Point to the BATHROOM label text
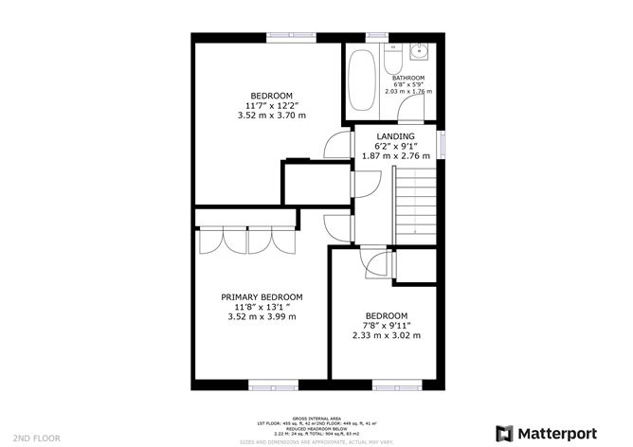pyautogui.click(x=408, y=78)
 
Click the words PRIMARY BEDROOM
pyautogui.click(x=262, y=297)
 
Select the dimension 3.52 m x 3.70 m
pyautogui.click(x=268, y=116)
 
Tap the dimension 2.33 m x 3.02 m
pyautogui.click(x=386, y=335)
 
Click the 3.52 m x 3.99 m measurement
pyautogui.click(x=262, y=316)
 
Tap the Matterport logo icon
pyautogui.click(x=503, y=433)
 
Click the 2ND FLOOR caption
pyautogui.click(x=37, y=438)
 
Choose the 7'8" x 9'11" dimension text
pyautogui.click(x=386, y=326)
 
